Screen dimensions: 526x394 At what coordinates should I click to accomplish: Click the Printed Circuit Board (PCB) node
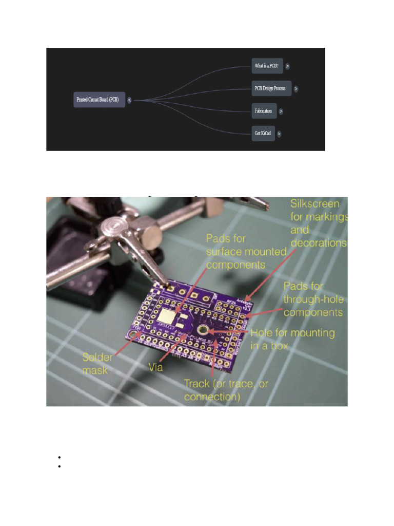pos(99,100)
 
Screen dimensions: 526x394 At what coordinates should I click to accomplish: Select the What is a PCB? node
pos(266,66)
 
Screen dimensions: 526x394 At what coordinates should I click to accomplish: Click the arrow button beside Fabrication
pos(281,111)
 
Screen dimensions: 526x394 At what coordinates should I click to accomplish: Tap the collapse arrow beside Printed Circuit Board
pos(129,100)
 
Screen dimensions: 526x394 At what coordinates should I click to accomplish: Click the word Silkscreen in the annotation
pos(314,204)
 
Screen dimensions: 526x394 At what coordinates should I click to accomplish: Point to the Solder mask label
pos(97,363)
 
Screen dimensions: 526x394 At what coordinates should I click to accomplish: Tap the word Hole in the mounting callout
pos(262,333)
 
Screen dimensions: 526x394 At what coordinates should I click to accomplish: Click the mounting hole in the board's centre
pos(204,330)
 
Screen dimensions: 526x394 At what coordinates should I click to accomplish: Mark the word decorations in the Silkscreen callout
pos(318,243)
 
